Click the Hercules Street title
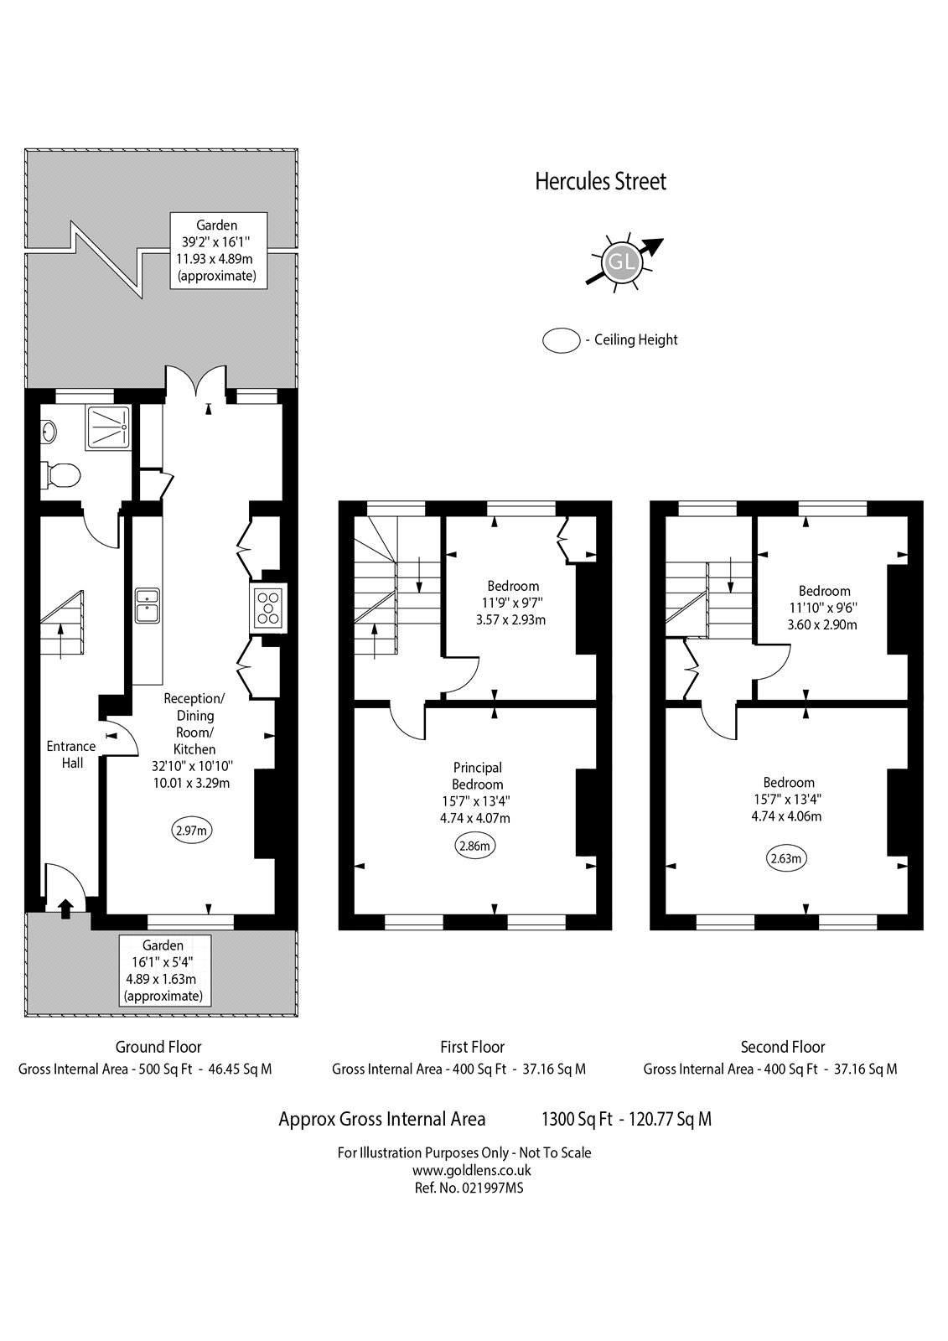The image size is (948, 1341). coord(600,182)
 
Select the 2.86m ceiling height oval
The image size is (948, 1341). coord(474,846)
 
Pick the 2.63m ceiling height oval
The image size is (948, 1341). coord(786,857)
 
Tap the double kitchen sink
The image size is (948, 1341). coord(148,605)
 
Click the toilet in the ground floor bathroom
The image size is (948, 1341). coord(64,475)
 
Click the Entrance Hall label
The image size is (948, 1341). coord(71,754)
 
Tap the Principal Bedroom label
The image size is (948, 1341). coord(477,776)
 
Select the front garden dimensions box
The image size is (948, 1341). coord(163,971)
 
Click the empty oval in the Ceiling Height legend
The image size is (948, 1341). coord(562,340)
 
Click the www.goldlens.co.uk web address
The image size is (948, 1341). coord(471,1171)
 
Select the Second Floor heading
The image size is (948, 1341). coord(782,1047)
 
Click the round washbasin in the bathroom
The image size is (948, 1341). coord(48,432)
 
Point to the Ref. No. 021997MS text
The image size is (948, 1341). coord(469,1188)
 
